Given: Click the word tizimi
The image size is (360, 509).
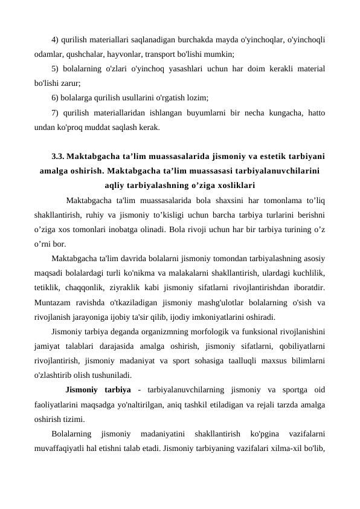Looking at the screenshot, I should tap(72, 418).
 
